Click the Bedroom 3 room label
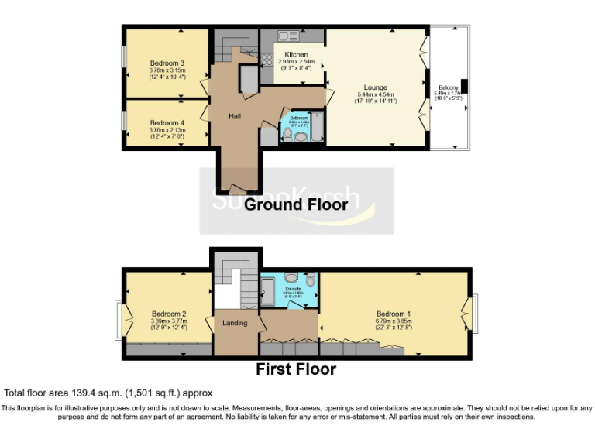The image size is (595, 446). (x=167, y=63)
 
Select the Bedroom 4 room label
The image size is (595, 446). (x=167, y=122)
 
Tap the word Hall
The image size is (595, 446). (x=235, y=115)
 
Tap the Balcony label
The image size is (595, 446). (x=449, y=87)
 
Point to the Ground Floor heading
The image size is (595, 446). (x=296, y=204)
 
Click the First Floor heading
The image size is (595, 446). (x=296, y=369)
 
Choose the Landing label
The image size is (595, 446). (x=235, y=322)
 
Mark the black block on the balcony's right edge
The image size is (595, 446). (x=463, y=85)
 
